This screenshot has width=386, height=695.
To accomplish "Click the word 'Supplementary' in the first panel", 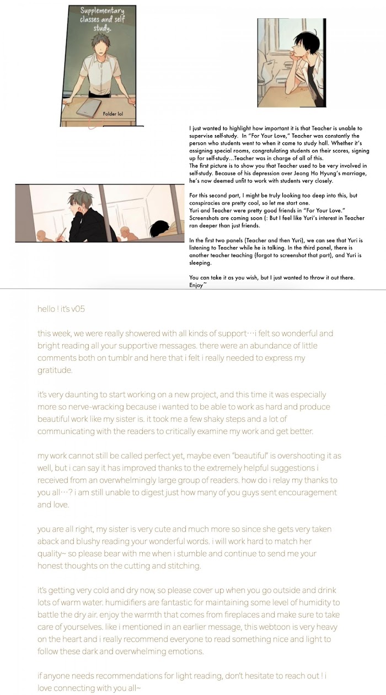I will (x=102, y=11).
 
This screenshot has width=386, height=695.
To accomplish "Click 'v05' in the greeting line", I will (x=77, y=309).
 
